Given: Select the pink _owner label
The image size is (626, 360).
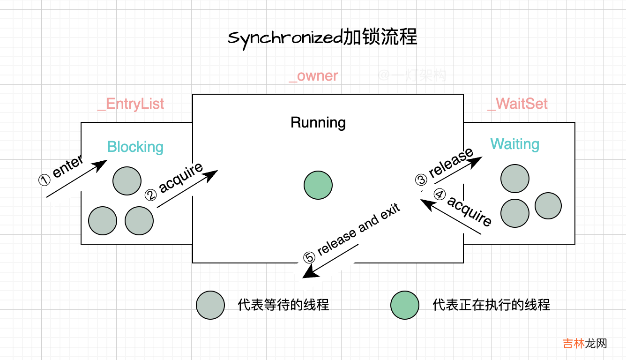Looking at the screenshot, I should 313,75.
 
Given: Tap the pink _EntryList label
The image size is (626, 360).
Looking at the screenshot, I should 131,103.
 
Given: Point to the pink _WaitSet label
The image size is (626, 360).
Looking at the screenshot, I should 517,103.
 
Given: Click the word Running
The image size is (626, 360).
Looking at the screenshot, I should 318,123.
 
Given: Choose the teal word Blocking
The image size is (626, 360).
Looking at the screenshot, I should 135,147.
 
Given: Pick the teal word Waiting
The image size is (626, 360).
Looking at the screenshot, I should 514,144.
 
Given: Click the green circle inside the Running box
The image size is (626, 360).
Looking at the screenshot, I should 318,185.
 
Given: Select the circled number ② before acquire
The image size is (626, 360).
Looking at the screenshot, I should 150,195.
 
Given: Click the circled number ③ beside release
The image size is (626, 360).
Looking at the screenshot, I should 421,180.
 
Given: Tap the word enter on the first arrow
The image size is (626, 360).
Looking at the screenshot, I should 68,167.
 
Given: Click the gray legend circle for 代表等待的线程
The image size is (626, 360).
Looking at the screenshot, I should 210,305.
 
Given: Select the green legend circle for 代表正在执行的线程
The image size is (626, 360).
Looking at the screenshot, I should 405,305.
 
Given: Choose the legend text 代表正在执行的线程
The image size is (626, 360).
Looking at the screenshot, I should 491,305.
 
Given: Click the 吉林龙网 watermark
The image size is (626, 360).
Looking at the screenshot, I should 585,343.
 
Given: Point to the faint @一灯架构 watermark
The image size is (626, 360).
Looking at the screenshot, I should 412,75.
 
